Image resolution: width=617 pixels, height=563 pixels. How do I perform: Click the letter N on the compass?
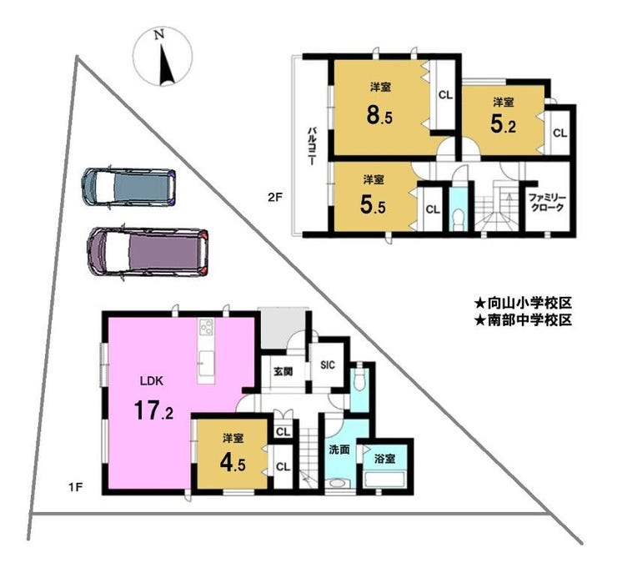coord(159,35)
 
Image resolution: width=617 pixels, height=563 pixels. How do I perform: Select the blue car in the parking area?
coord(128,187)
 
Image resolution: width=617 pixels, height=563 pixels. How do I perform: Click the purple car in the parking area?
coord(148,253)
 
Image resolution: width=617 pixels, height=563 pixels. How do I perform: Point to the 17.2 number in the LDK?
coord(153,410)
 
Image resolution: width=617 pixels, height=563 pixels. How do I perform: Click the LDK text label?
coord(152,380)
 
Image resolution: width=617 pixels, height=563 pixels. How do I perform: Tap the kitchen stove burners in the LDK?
coord(207,327)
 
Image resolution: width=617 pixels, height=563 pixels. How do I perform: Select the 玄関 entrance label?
coord(283,372)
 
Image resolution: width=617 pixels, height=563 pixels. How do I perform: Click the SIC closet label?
coord(328,365)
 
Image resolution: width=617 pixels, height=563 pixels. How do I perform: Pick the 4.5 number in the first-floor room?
coord(233,465)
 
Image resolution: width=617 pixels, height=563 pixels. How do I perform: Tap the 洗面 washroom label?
coord(339,450)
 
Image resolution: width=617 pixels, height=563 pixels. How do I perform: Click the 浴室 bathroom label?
coord(385,458)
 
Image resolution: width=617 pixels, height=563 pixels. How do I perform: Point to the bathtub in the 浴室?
coord(385,480)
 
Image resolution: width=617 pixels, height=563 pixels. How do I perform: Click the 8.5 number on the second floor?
coord(379,116)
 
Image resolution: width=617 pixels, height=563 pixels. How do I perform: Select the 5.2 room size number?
coord(503,125)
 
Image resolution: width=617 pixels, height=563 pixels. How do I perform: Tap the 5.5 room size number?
coord(373,205)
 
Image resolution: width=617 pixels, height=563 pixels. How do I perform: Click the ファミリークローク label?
coord(546,203)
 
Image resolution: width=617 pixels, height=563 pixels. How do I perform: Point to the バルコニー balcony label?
coord(312,146)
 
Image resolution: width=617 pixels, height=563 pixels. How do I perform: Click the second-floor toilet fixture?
coord(458,219)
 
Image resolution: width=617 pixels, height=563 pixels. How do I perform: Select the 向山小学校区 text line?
coord(523,303)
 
